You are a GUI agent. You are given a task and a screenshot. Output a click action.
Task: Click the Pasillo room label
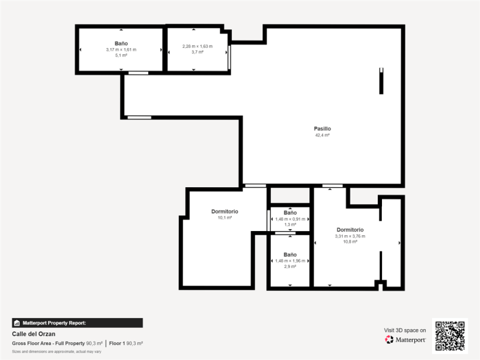(322, 128)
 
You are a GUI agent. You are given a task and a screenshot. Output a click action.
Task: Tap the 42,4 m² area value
(322, 135)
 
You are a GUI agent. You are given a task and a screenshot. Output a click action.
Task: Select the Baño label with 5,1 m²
(121, 43)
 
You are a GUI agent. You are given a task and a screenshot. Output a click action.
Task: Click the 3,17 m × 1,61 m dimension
(121, 49)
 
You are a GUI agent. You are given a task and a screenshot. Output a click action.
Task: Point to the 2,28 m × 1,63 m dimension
(197, 46)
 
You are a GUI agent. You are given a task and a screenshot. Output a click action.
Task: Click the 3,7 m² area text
(197, 52)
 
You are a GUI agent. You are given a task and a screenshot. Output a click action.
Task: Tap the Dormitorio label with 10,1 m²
(224, 211)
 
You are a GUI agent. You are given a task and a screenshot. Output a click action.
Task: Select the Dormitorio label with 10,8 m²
(350, 230)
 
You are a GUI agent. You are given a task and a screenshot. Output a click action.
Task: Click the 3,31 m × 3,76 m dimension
(350, 236)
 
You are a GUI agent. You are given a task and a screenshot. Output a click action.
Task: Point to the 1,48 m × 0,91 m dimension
(290, 219)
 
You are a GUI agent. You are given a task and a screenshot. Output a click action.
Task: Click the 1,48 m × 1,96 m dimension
(290, 261)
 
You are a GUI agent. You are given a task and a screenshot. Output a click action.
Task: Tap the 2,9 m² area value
(290, 266)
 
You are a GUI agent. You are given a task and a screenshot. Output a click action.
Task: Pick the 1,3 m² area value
(290, 224)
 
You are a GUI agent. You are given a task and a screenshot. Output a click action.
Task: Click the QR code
(450, 335)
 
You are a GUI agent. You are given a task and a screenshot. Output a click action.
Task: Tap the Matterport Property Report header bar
(77, 322)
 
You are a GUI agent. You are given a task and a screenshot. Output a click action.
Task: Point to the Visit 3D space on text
(405, 331)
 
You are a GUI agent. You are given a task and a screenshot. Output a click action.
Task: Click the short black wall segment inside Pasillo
(382, 81)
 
